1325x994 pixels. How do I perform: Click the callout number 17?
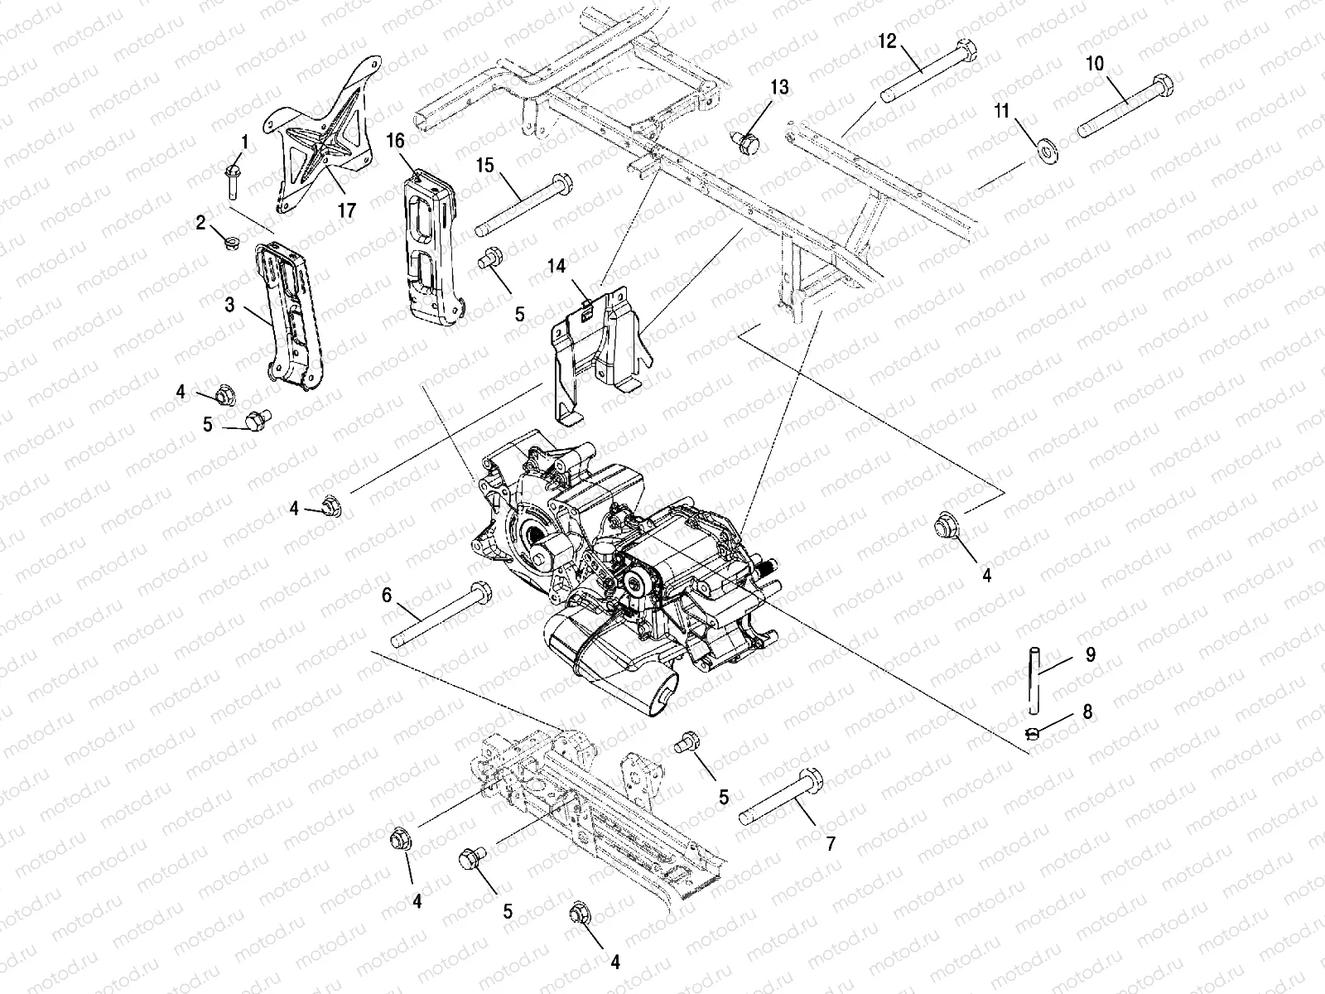(x=346, y=210)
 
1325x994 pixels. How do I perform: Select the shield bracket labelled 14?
(x=600, y=348)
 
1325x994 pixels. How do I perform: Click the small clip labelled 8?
(x=1032, y=731)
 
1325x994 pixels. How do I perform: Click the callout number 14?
(x=556, y=266)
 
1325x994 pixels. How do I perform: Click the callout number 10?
(x=1094, y=64)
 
